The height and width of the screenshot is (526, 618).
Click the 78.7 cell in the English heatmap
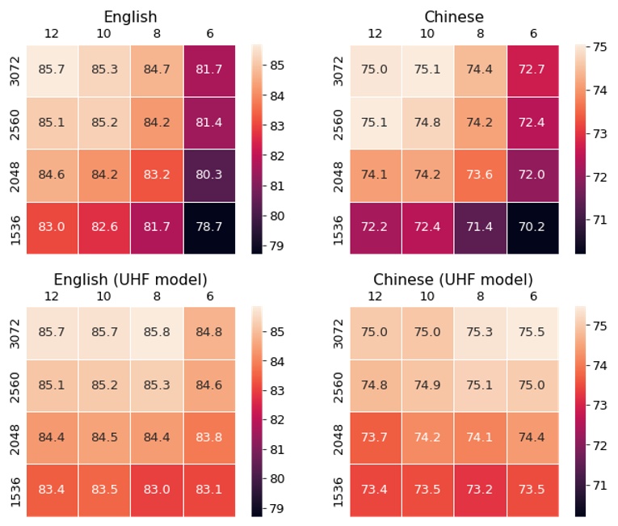[x=208, y=227]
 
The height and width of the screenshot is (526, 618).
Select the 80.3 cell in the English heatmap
[x=208, y=175]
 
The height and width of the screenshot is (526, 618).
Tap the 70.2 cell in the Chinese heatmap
[x=532, y=227]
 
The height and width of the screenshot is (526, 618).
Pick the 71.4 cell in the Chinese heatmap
[x=479, y=227]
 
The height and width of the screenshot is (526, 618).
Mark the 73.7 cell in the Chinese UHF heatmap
[x=375, y=437]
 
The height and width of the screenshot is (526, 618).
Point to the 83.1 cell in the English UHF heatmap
[x=208, y=490]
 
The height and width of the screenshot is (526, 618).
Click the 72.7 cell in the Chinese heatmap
[x=532, y=70]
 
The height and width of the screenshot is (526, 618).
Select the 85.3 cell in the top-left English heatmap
[x=104, y=70]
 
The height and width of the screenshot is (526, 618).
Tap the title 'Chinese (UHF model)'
[x=453, y=280]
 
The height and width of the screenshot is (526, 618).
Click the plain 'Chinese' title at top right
[x=453, y=17]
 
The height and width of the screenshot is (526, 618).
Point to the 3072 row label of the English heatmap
[x=15, y=70]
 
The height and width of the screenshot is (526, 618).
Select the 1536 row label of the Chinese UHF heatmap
[x=338, y=490]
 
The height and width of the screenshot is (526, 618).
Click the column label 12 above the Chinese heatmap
[x=375, y=33]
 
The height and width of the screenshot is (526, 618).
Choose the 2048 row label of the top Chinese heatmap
[x=338, y=175]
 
